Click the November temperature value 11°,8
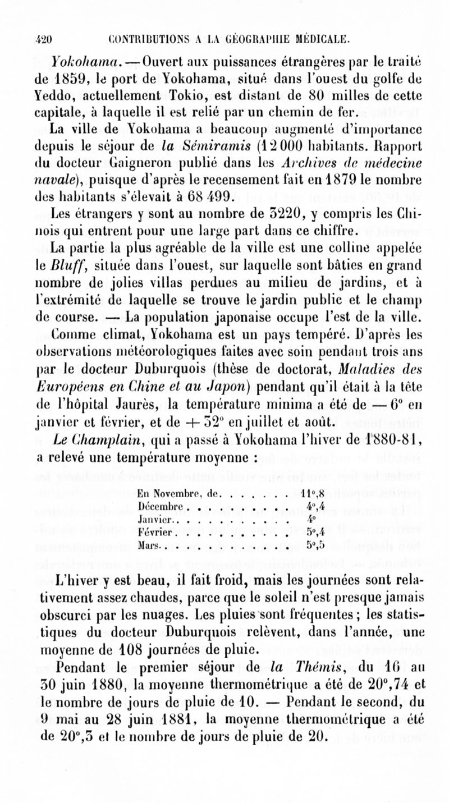tap(310, 479)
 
